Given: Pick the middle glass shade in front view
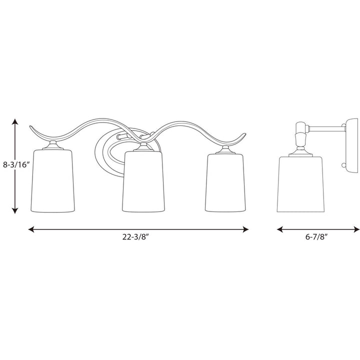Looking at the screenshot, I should (x=144, y=181).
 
